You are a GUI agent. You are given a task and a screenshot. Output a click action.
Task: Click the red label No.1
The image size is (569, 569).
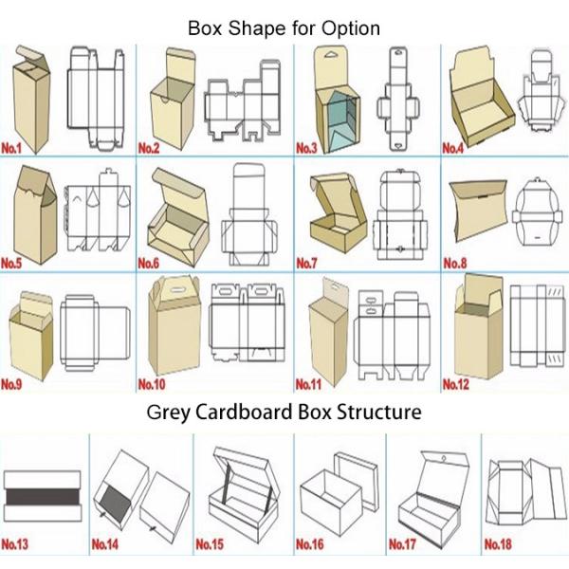pyautogui.click(x=11, y=149)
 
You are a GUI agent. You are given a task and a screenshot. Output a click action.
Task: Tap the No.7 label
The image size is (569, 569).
pyautogui.click(x=306, y=263)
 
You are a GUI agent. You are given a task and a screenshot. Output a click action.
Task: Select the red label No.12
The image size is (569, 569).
pyautogui.click(x=456, y=384)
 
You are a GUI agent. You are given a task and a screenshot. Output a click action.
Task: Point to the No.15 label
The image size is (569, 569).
pyautogui.click(x=210, y=544)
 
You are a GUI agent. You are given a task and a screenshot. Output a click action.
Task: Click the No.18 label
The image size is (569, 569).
pyautogui.click(x=498, y=544)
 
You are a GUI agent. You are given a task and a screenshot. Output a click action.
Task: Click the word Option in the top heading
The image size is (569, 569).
pyautogui.click(x=351, y=28)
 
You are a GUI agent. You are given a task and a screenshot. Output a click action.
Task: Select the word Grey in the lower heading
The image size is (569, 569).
pyautogui.click(x=169, y=413)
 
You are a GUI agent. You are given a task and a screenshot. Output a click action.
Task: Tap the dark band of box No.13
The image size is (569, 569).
pyautogui.click(x=43, y=497)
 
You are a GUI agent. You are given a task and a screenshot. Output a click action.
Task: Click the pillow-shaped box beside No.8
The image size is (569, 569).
pyautogui.click(x=478, y=210)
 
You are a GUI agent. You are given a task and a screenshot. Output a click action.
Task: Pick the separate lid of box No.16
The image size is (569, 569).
pyautogui.click(x=357, y=480)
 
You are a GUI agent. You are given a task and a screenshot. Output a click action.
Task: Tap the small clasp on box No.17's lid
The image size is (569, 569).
pyautogui.click(x=444, y=459)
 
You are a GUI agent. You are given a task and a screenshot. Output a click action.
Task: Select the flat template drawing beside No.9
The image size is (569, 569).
pyautogui.click(x=95, y=333)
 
